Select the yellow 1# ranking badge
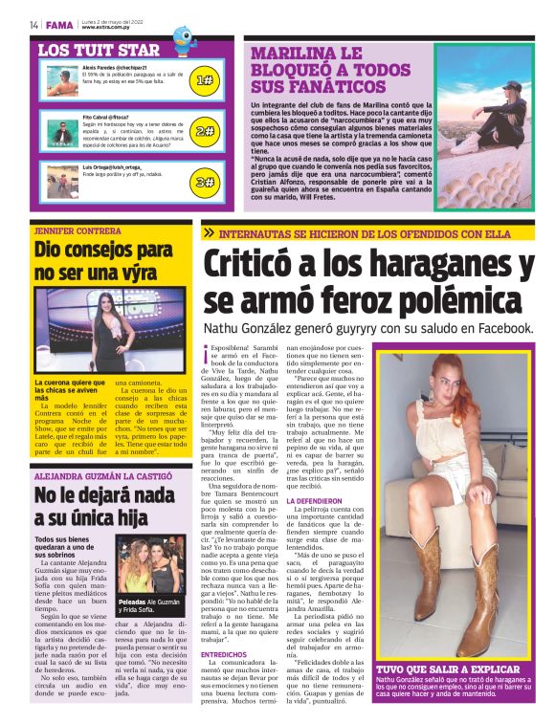pyautogui.click(x=203, y=81)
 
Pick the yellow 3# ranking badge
pyautogui.click(x=203, y=181)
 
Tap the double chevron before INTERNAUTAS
pyautogui.click(x=209, y=232)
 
